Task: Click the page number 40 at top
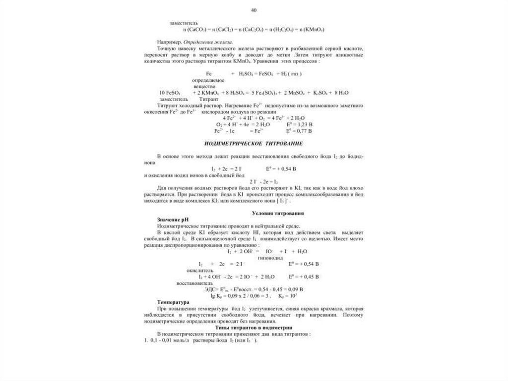point(254,10)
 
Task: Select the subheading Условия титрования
point(278,213)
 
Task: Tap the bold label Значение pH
point(173,219)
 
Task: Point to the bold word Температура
point(174,302)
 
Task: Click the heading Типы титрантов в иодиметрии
point(254,328)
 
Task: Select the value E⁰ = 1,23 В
point(299,125)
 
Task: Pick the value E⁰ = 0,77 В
point(299,131)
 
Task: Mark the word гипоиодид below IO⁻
point(270,258)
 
